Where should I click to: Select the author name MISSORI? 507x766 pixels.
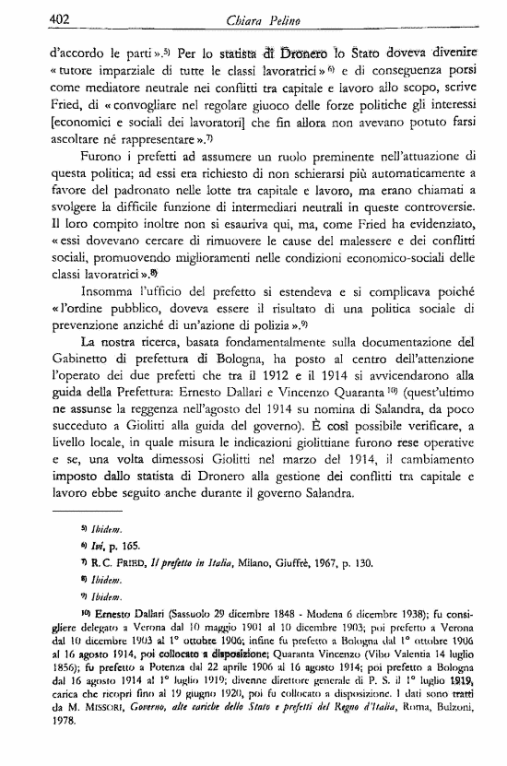[x=107, y=722]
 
